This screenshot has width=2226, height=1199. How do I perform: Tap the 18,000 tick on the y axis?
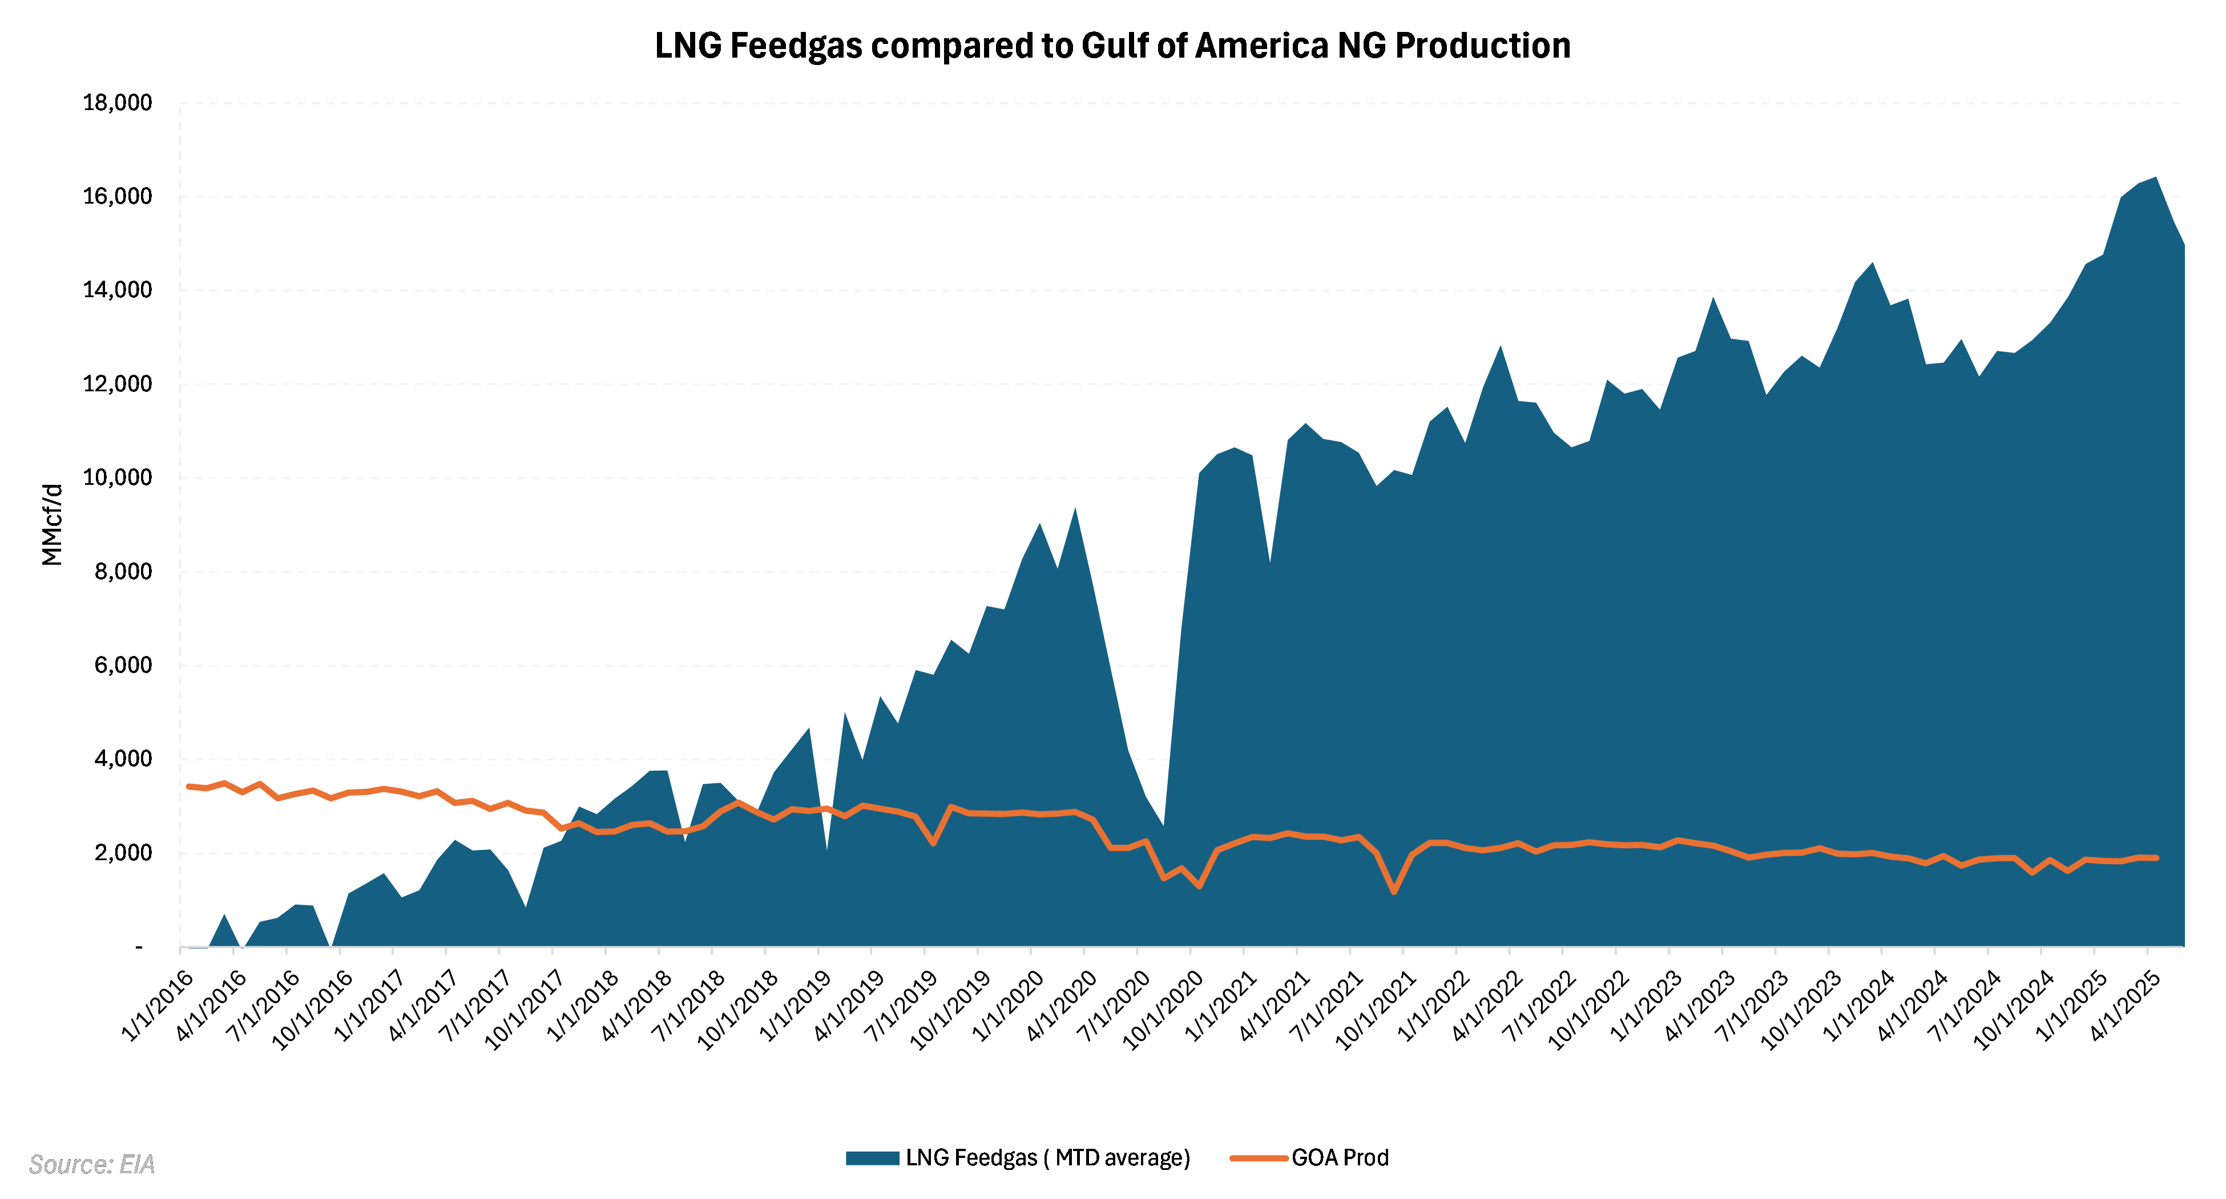118,103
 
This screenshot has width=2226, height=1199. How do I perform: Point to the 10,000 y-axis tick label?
118,477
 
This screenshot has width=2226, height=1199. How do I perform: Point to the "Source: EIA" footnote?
91,1164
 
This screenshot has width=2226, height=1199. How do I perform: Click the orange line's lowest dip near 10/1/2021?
1394,892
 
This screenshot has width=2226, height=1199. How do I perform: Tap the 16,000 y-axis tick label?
118,197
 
